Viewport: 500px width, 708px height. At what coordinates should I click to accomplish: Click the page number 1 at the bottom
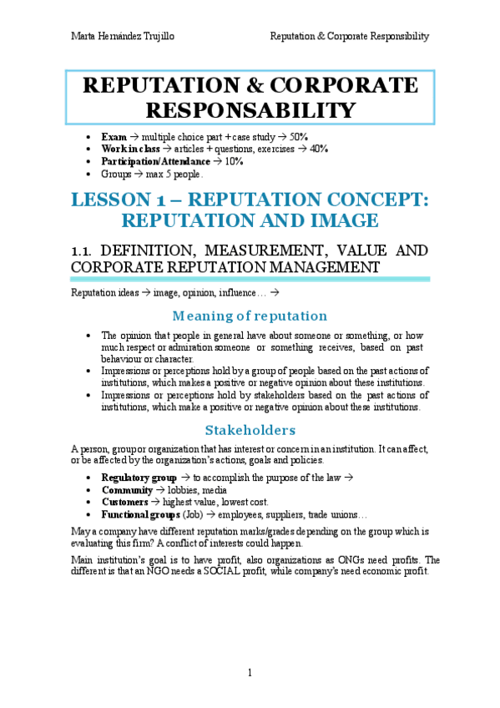250,673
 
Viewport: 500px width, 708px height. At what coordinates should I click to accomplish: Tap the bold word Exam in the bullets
114,136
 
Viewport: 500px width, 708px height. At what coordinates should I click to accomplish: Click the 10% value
235,161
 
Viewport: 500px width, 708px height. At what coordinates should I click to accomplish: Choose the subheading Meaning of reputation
250,316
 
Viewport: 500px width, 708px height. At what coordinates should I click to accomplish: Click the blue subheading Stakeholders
250,430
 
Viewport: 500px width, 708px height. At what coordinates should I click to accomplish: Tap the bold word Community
127,490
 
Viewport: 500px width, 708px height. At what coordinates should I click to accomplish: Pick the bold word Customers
125,502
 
